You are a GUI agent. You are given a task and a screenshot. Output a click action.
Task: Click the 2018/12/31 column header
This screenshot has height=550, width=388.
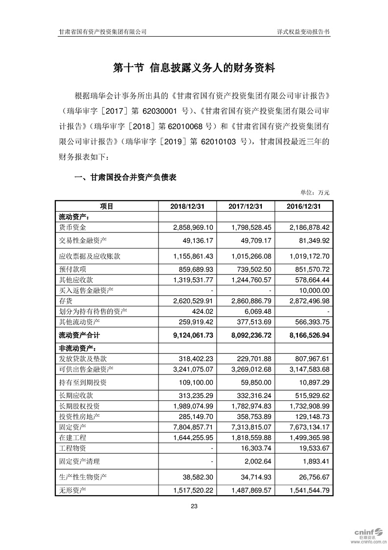(x=186, y=206)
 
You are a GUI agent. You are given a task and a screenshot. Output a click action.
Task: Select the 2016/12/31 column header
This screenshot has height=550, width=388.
(x=304, y=206)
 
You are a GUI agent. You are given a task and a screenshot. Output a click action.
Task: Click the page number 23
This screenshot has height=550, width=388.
(x=194, y=507)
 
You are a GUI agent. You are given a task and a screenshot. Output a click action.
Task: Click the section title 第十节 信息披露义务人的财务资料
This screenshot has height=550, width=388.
(x=194, y=68)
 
